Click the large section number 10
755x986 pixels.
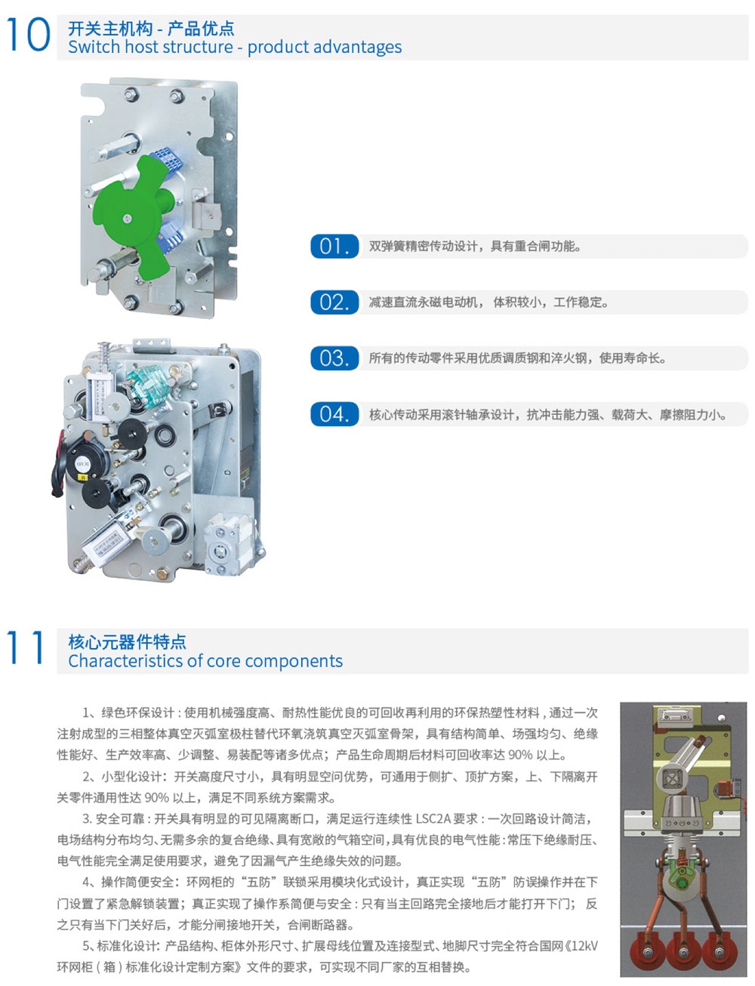coord(28,34)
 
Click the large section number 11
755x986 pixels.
coord(26,647)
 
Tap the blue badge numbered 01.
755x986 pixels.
coord(334,246)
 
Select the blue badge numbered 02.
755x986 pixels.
coord(334,303)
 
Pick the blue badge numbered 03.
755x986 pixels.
coord(334,358)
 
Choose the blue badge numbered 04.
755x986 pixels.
coord(334,414)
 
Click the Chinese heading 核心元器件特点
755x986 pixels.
coord(127,642)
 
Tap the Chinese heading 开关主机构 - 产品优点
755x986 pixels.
coord(151,29)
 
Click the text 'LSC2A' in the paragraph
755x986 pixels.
coord(433,819)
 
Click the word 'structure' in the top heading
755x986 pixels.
coord(198,48)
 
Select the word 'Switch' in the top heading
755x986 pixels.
coord(94,48)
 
